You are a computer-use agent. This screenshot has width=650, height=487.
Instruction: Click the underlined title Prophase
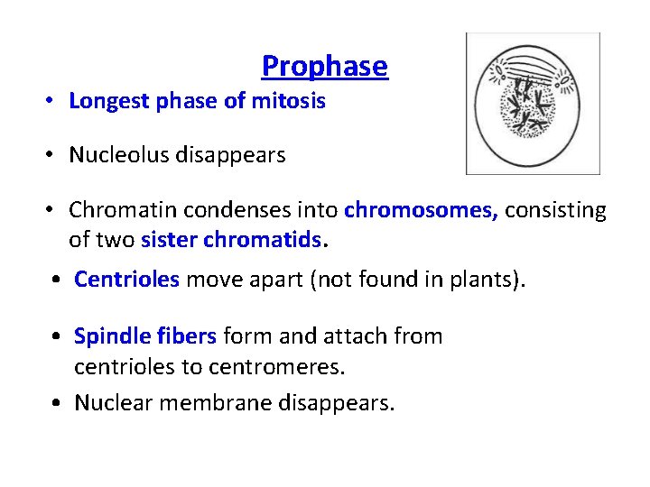(324, 66)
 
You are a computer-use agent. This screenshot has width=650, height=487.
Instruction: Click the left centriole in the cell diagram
(499, 73)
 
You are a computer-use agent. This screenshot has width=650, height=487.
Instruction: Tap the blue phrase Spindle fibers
(144, 336)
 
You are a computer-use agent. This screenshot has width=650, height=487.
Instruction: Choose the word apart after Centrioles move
(276, 280)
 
